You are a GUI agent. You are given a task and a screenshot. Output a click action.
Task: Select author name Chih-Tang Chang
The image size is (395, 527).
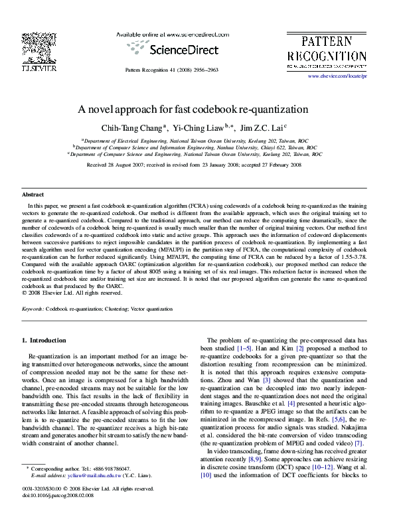pyautogui.click(x=137, y=127)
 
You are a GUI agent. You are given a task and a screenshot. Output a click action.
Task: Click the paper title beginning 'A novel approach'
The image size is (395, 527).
pyautogui.click(x=197, y=109)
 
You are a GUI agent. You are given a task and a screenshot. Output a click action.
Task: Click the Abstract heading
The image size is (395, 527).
pyautogui.click(x=33, y=195)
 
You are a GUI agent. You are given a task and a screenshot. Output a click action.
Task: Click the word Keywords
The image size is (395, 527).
pyautogui.click(x=33, y=310)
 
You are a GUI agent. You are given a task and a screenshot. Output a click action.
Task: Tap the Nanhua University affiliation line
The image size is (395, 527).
pyautogui.click(x=197, y=147)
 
